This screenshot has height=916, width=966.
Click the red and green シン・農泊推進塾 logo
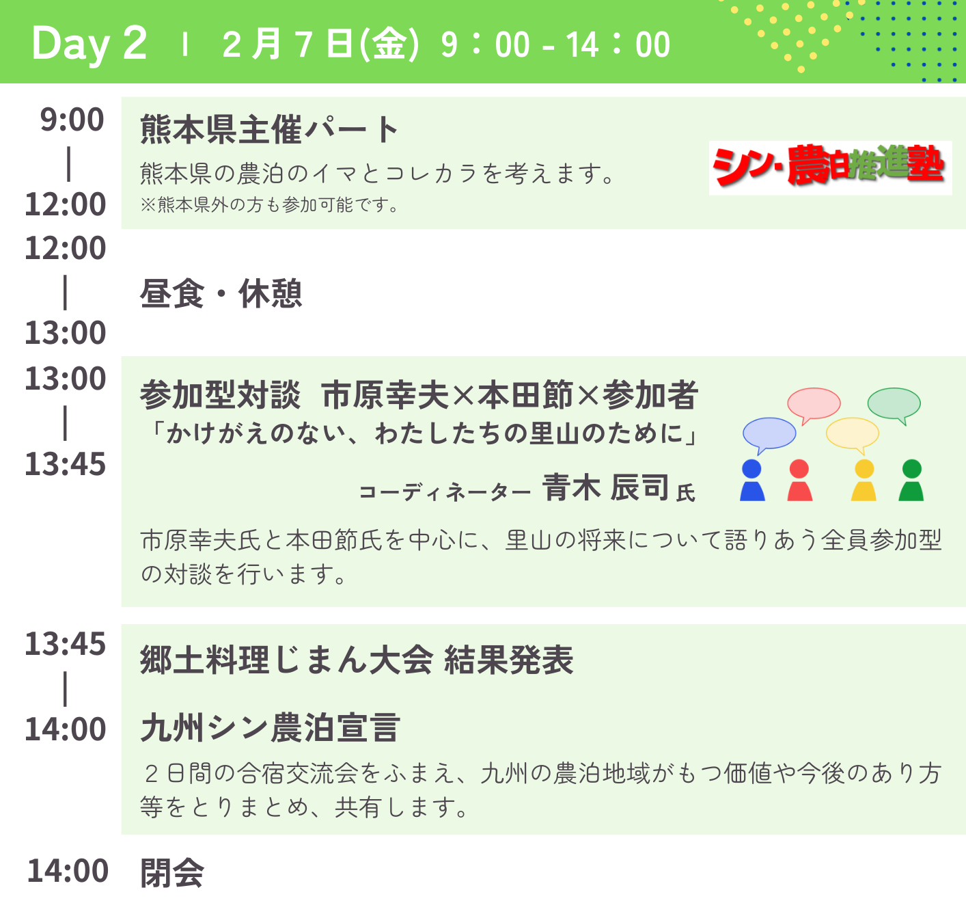click(829, 167)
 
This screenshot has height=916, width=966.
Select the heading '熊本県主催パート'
click(269, 129)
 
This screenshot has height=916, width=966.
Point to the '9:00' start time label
click(72, 120)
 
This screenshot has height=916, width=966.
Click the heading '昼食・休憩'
click(221, 293)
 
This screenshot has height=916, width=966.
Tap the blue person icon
click(752, 480)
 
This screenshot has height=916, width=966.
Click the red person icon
click(799, 480)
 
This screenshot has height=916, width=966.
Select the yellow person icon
click(864, 480)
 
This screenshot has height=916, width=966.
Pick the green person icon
click(911, 480)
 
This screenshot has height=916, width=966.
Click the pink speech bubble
click(814, 405)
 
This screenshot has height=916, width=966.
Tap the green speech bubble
click(894, 405)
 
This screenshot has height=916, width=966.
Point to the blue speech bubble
click(769, 435)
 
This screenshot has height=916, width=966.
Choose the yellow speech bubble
click(853, 435)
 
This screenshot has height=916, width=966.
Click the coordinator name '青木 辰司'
click(605, 487)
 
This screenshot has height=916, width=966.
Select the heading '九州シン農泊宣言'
click(271, 727)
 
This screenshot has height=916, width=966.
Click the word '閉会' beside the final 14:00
click(172, 873)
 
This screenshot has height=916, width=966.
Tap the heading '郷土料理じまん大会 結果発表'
click(357, 660)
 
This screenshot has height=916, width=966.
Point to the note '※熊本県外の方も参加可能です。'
click(269, 204)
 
